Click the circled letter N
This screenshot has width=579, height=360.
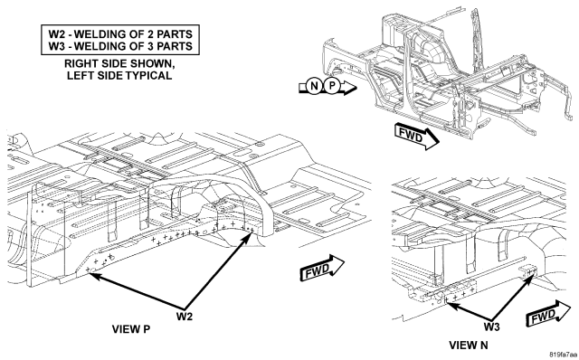(x=314, y=87)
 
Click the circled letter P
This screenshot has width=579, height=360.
(x=332, y=87)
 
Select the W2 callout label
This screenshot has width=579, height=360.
(x=185, y=317)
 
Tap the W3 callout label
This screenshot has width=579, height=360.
(x=491, y=327)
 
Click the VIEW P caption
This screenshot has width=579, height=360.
(x=131, y=329)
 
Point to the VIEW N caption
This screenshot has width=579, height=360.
(x=469, y=346)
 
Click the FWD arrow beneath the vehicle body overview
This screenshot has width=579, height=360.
(x=417, y=137)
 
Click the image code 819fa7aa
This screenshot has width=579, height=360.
(x=563, y=355)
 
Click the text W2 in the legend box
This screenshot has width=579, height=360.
(x=56, y=34)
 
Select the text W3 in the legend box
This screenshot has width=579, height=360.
(x=56, y=46)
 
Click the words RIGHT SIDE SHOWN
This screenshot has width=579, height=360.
(x=119, y=63)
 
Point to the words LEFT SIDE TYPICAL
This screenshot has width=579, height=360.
(x=119, y=76)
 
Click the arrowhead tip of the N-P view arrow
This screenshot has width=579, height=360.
(x=357, y=88)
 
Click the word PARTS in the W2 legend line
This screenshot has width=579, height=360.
(x=175, y=34)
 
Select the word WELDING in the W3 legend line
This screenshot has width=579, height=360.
(x=101, y=46)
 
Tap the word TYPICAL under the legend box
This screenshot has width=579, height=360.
(x=148, y=76)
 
